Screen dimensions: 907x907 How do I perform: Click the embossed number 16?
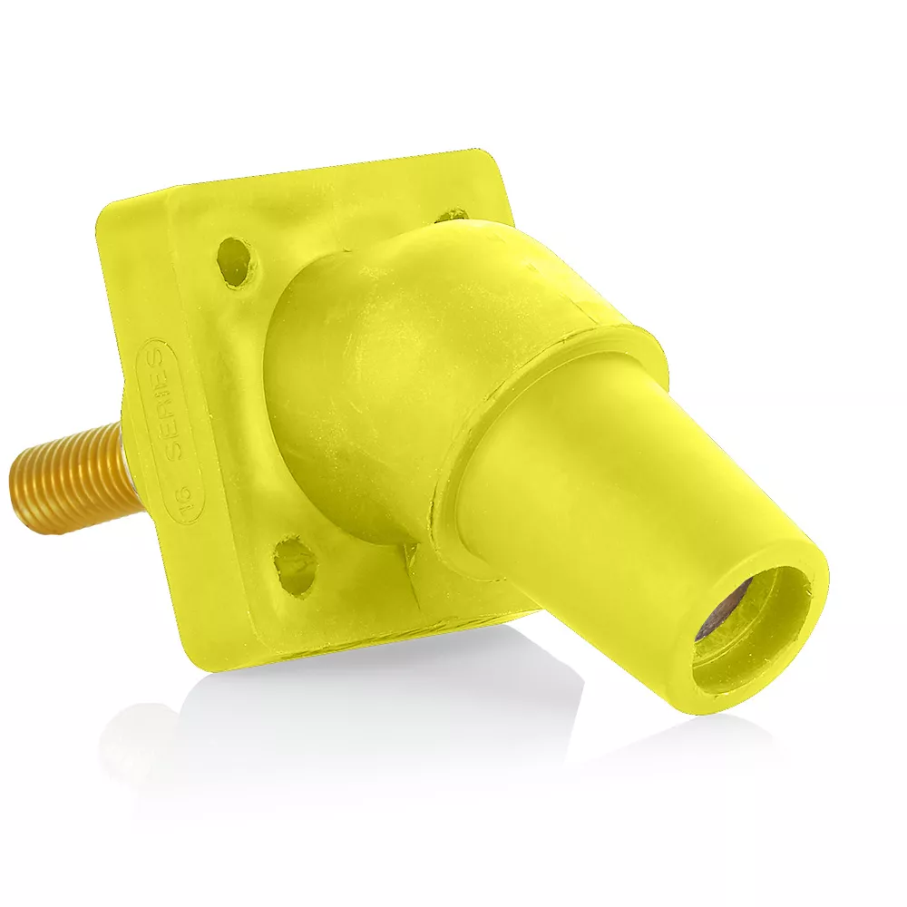180,498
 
